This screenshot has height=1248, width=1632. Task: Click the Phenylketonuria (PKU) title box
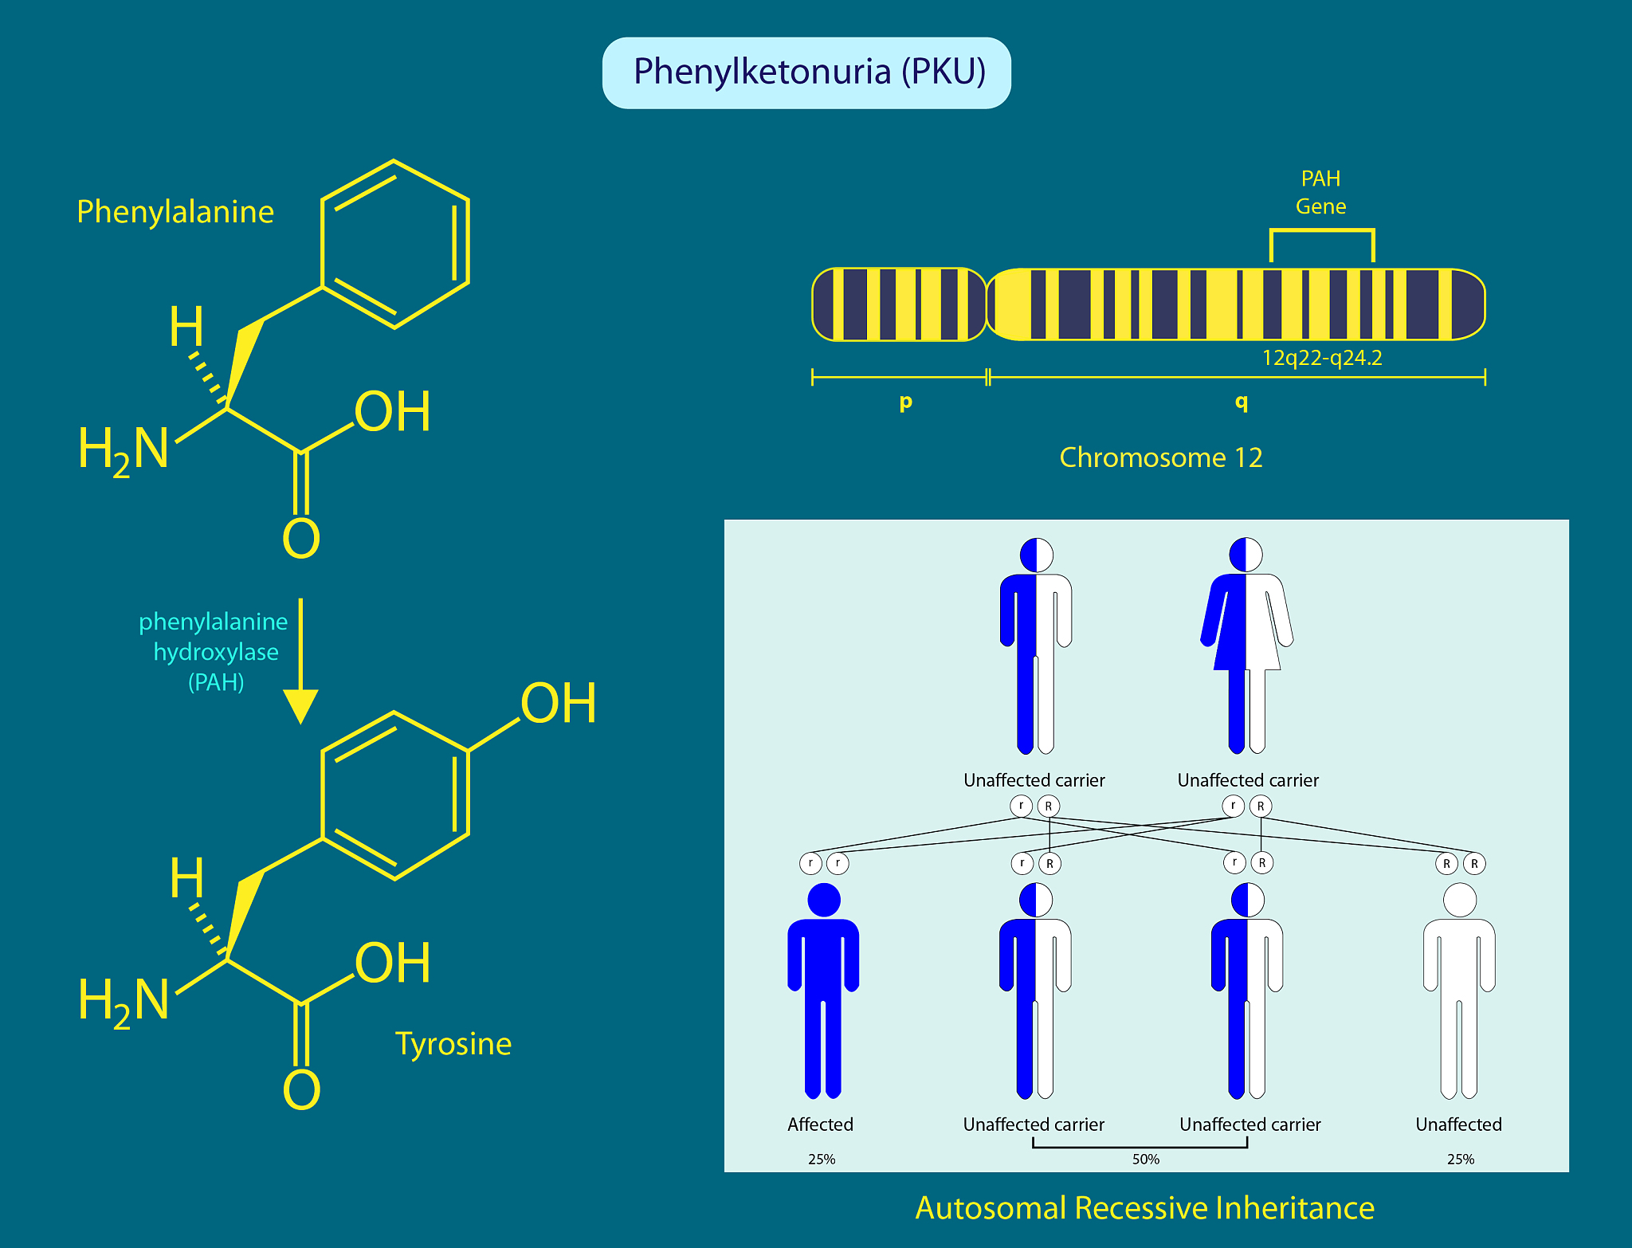806,73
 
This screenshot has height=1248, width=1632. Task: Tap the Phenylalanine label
175,212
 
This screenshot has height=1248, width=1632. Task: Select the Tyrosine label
453,1043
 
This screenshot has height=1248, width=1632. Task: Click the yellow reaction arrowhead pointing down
300,705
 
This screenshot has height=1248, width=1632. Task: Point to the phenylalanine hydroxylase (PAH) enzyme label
214,651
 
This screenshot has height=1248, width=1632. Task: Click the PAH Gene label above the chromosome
1320,192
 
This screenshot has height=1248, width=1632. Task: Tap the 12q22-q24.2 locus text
1321,358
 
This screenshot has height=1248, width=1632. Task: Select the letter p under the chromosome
905,402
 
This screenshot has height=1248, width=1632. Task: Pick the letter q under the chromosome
1241,402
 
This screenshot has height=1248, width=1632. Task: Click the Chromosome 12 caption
1160,457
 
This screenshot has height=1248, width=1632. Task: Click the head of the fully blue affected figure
823,900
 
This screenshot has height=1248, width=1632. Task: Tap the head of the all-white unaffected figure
1459,900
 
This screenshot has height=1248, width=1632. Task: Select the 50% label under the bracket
1145,1159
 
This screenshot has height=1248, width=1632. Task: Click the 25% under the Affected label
822,1159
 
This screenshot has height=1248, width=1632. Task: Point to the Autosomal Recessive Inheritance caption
1144,1208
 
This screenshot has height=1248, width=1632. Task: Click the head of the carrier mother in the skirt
1246,555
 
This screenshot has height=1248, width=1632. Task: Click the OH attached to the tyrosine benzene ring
558,704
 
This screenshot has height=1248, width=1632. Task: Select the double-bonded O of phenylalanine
301,539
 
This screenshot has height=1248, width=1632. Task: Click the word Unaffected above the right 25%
1458,1124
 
